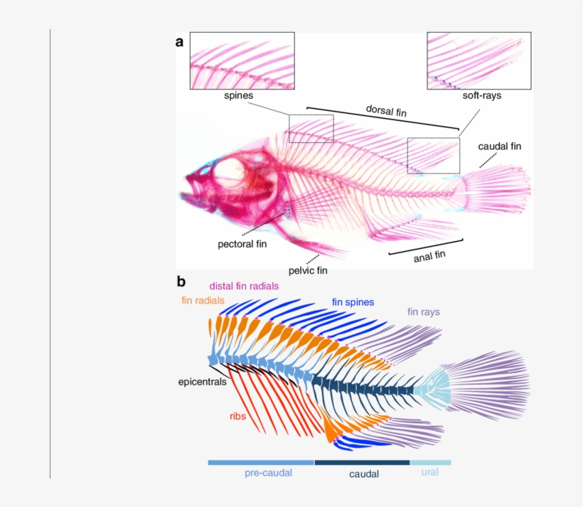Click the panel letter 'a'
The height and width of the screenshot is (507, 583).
coord(180,42)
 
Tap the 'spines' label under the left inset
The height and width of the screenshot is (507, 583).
coord(239,95)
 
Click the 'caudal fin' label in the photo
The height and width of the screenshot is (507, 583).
coord(499,146)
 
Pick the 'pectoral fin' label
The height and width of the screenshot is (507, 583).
coord(242,245)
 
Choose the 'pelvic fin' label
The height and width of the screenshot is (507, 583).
coord(308,270)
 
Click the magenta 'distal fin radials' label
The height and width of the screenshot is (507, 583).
coord(244,286)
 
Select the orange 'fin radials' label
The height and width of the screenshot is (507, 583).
coord(203,301)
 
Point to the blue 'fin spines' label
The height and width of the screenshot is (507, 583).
coord(353,301)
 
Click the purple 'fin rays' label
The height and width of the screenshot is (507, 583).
coord(424,311)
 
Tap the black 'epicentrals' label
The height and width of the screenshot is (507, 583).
coord(202,381)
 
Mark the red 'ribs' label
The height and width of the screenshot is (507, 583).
coord(237,416)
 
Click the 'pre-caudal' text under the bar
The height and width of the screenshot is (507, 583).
coord(268,473)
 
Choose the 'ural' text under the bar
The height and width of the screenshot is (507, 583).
coord(429,472)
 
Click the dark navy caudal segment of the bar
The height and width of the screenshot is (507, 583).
coord(362,462)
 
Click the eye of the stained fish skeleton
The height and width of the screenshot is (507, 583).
coord(230,171)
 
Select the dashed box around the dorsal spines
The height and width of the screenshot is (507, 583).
coord(311,128)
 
